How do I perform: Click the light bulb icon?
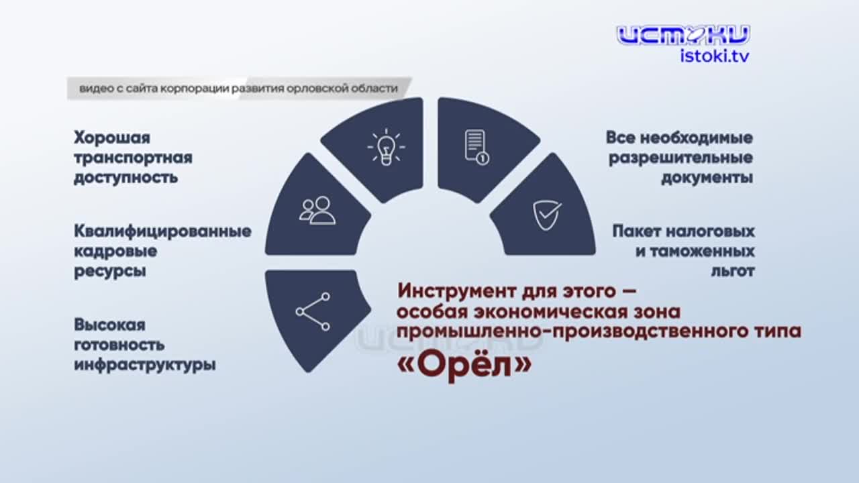386,148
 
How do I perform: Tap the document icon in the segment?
476,147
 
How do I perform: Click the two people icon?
317,210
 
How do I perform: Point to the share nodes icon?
313,311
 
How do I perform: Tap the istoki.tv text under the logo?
715,56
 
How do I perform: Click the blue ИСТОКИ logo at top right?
683,35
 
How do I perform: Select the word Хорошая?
112,138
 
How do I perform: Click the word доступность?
126,178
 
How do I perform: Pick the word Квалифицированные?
163,231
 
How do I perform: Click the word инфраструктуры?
145,366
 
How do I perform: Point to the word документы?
707,178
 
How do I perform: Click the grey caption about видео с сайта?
238,89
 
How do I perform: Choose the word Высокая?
110,325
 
